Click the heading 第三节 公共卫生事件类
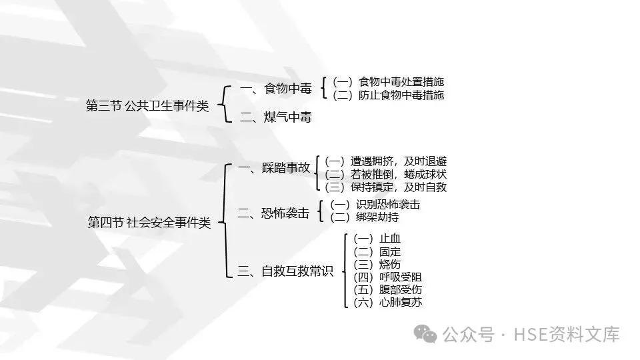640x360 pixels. click(x=147, y=105)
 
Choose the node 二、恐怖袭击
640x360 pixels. click(x=274, y=213)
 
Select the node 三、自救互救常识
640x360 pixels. click(x=285, y=271)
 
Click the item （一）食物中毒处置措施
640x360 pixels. click(x=388, y=82)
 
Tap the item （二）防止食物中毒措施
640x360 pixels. click(x=388, y=95)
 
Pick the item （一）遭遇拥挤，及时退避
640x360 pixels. click(x=385, y=161)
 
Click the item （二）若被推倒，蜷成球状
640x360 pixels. click(x=385, y=174)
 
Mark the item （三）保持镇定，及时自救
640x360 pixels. click(x=385, y=187)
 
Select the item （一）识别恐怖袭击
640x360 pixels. click(x=375, y=204)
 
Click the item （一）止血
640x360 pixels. click(x=377, y=239)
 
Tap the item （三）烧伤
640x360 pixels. click(x=377, y=264)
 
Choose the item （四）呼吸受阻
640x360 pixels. click(x=387, y=277)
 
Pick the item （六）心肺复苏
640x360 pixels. click(x=387, y=303)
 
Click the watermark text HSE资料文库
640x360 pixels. click(x=565, y=333)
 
